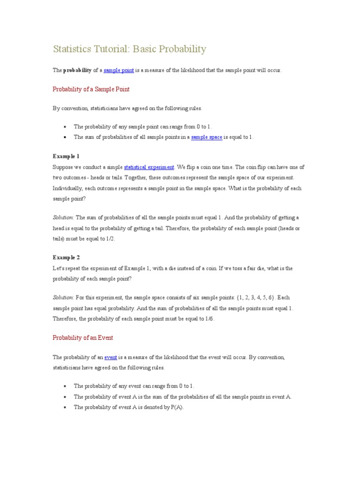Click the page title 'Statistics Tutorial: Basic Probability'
[129, 49]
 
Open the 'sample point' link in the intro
[119, 70]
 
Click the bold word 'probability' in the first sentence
[77, 70]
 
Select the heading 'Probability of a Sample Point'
[91, 89]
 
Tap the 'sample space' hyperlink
[206, 137]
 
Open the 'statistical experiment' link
[149, 167]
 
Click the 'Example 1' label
[66, 156]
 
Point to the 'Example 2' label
[66, 257]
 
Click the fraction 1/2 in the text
[109, 239]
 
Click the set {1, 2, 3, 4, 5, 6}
[252, 297]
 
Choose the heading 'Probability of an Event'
[82, 337]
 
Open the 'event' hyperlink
[111, 357]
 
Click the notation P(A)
[177, 407]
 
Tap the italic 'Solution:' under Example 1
[63, 217]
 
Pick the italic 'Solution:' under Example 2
[63, 297]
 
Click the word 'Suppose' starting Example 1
[63, 167]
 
